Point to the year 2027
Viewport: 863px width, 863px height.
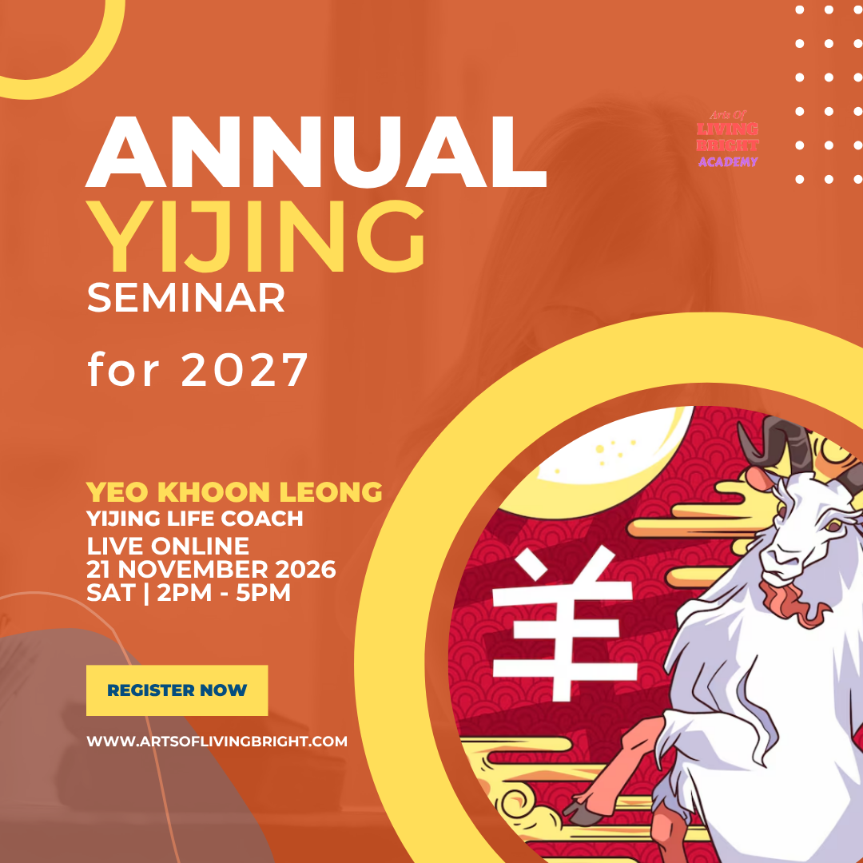(x=245, y=369)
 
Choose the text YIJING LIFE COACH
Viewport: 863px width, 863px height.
(x=195, y=519)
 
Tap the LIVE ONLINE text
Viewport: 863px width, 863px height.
(x=168, y=547)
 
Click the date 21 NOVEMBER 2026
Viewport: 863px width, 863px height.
(x=211, y=570)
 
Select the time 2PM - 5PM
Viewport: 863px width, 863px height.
(x=229, y=593)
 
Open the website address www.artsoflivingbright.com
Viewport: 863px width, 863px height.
(x=217, y=741)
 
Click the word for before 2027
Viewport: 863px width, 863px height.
(x=125, y=369)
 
